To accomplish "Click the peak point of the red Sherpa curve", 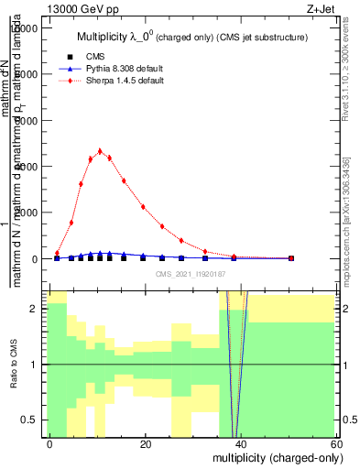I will [x=100, y=151].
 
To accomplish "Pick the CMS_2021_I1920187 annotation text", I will [x=191, y=274].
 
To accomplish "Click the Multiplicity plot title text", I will [x=191, y=37].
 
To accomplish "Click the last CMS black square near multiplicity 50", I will [x=290, y=258].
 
